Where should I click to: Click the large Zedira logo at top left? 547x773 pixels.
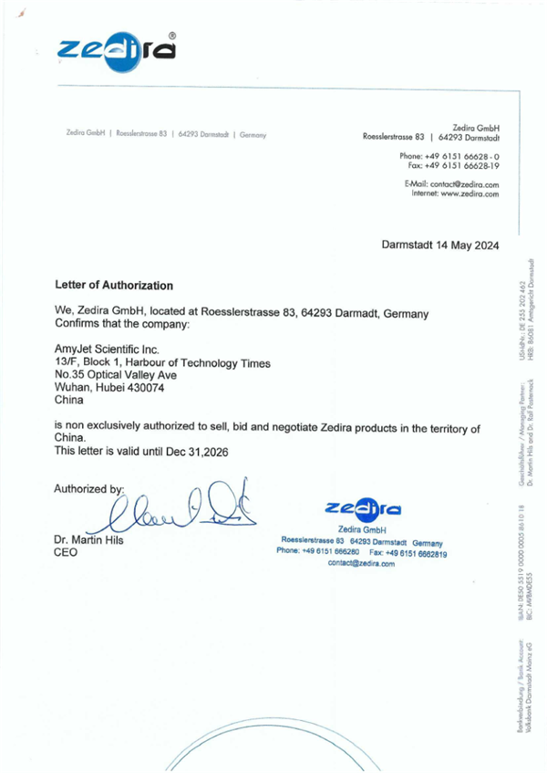(x=115, y=51)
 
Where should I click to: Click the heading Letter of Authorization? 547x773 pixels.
(x=114, y=286)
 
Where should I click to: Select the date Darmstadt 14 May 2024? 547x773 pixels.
(x=439, y=245)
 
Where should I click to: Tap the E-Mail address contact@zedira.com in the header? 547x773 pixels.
(x=465, y=184)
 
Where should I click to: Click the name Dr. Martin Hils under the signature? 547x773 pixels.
(x=94, y=539)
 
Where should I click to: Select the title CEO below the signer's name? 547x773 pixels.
(x=67, y=552)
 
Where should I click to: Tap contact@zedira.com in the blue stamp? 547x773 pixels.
(x=361, y=564)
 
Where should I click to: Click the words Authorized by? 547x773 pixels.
(x=89, y=487)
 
